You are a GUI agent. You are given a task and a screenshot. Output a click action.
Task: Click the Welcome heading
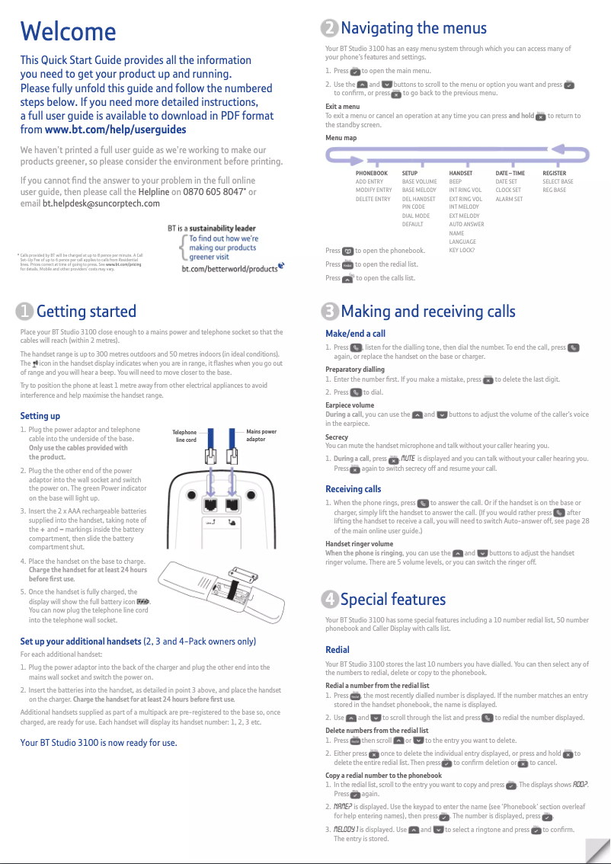pos(68,32)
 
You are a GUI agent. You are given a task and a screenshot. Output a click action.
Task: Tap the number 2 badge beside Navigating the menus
pos(330,29)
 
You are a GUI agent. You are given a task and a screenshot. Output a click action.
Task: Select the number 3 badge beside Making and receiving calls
pos(330,312)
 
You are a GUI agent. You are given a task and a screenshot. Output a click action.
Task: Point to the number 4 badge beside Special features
pos(330,600)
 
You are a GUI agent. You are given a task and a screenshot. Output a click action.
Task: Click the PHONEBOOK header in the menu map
pos(371,174)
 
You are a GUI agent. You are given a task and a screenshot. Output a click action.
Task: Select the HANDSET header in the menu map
pos(461,174)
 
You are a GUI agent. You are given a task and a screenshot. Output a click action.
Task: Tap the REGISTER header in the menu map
pos(554,174)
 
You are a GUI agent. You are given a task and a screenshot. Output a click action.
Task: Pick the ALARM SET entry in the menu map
pos(509,199)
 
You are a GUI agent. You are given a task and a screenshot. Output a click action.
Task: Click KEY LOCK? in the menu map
pos(462,250)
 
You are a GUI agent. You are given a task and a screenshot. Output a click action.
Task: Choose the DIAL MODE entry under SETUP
pos(415,216)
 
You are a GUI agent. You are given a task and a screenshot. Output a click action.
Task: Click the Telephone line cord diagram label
pos(186,436)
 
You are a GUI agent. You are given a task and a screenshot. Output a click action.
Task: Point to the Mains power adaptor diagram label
pos(261,436)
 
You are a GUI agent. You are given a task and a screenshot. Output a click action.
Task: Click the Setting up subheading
pos(40,416)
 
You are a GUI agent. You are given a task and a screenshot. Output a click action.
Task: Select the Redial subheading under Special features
pos(337,650)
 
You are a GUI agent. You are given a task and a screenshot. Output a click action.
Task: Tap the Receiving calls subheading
pos(353,489)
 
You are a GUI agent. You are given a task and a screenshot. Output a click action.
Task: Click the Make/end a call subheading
pos(355,334)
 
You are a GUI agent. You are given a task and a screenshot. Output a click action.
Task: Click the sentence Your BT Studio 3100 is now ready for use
pos(98,742)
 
